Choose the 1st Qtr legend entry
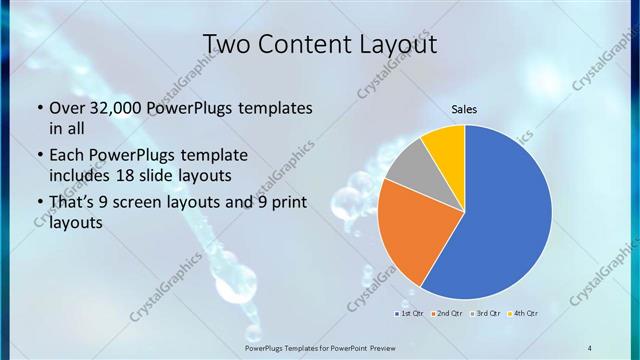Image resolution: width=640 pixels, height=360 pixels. pos(410,314)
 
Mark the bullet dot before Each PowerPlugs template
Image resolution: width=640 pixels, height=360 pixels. pos(40,156)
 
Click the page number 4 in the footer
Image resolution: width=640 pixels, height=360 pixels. pos(589,347)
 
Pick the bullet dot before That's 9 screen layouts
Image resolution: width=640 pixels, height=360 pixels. pos(40,204)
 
